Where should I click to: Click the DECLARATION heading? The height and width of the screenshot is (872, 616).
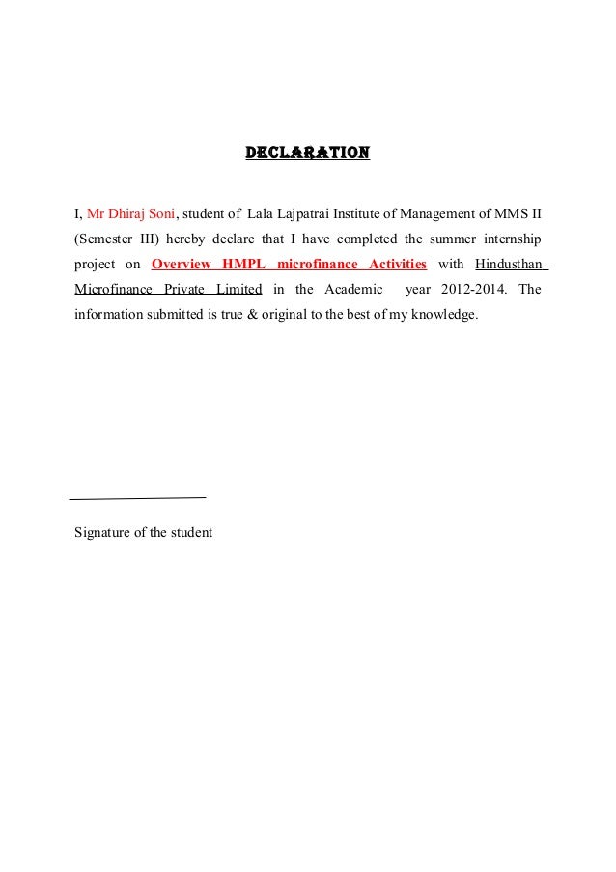point(307,153)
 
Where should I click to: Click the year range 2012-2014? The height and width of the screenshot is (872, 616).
point(475,289)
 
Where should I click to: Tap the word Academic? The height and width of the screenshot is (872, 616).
point(355,289)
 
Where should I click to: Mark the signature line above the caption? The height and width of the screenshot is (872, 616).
point(139,497)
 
